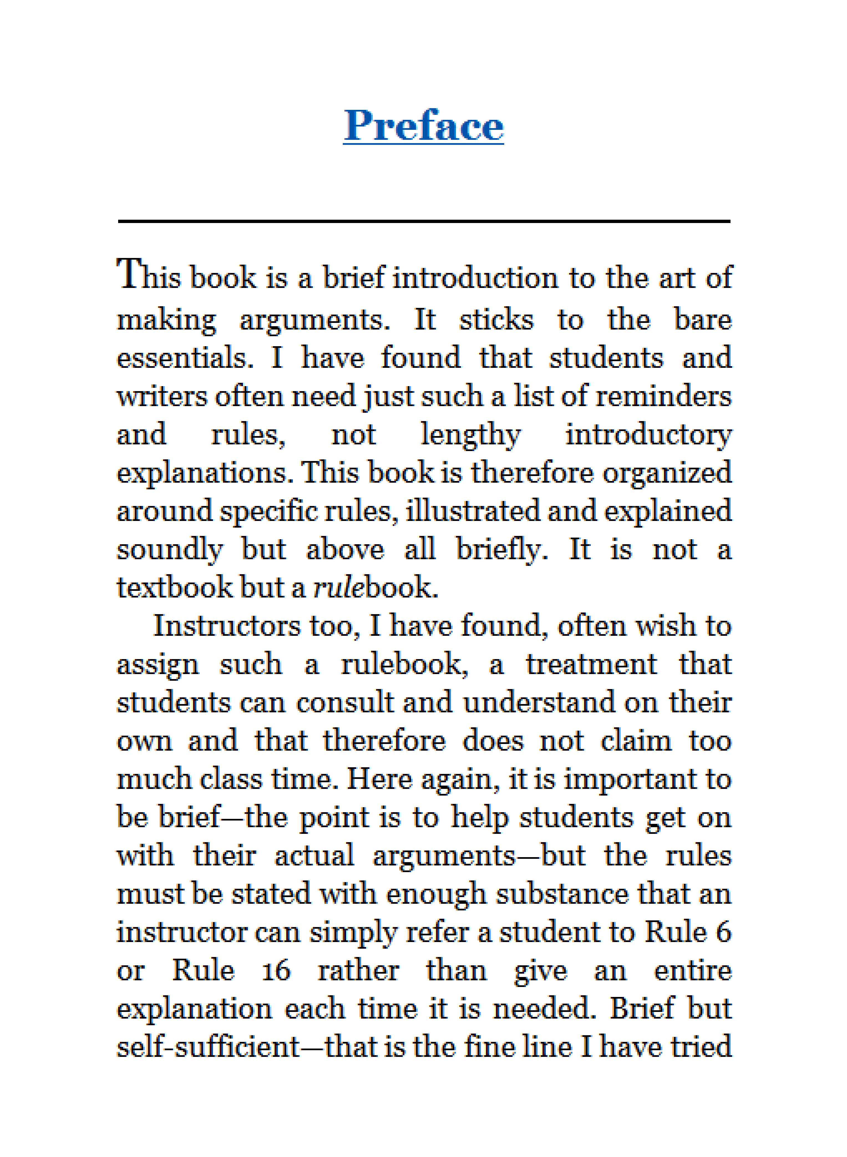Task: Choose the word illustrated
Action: pyautogui.click(x=472, y=511)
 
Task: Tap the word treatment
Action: pyautogui.click(x=591, y=665)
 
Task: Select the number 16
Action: pyautogui.click(x=276, y=971)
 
